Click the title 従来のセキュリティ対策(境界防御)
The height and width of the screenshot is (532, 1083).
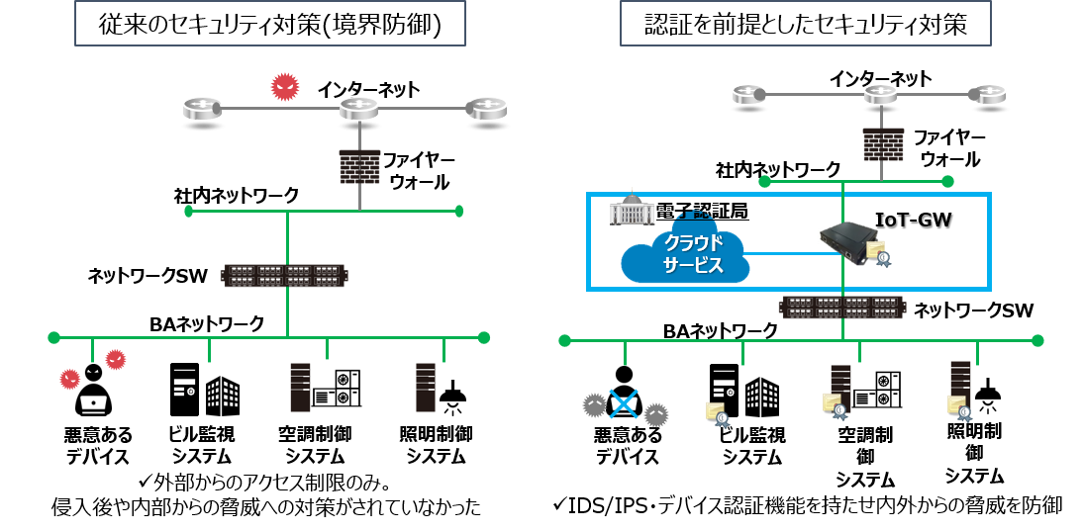tap(270, 27)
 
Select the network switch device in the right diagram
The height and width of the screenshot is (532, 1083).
tap(841, 307)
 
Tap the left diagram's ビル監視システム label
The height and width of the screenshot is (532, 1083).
tap(203, 445)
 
